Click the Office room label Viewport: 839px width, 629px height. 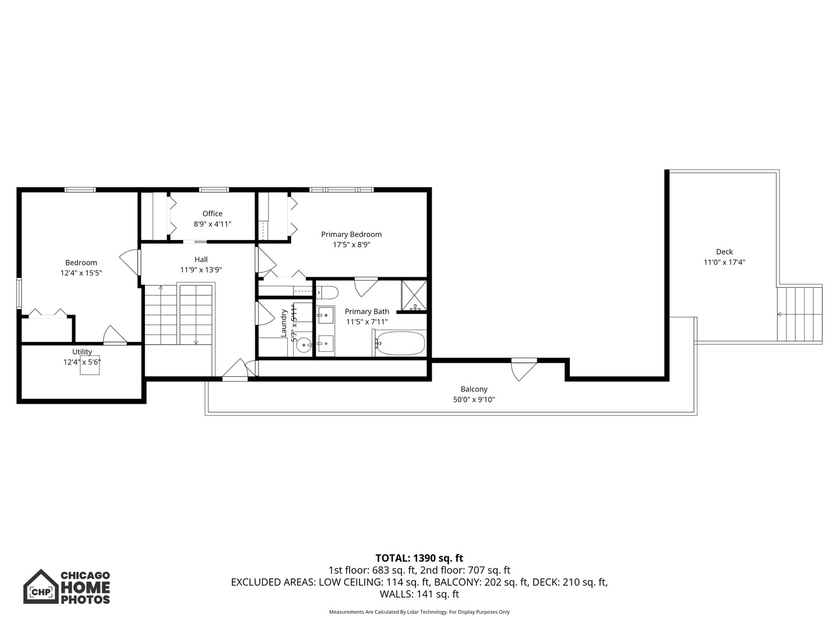212,214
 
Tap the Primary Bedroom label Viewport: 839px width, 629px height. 351,235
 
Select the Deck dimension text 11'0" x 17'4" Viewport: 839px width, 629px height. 724,263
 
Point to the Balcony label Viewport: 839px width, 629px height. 474,389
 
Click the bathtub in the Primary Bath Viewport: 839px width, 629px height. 400,343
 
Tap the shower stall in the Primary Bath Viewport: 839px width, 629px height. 414,295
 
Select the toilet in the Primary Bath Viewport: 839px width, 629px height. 327,292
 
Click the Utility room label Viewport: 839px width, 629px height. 82,352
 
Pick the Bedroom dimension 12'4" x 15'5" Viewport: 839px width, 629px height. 81,273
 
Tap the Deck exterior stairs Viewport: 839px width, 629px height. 799,314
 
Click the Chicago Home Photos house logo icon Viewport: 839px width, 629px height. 41,587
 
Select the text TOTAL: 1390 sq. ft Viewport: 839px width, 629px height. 419,558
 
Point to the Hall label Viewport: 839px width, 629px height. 201,260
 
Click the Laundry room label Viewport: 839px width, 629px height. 284,323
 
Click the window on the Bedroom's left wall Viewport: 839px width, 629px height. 19,294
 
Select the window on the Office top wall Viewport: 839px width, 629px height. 214,189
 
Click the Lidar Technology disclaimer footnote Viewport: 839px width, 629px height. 419,612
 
